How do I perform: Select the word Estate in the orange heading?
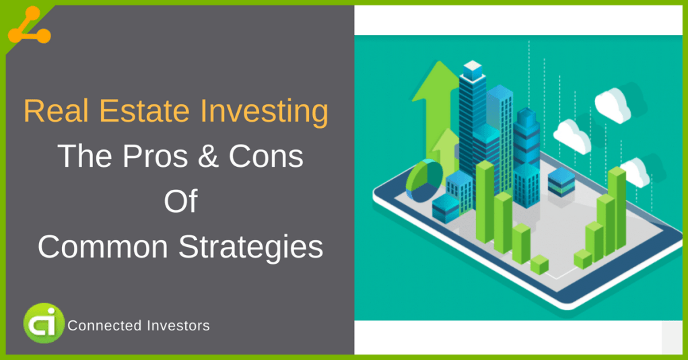coord(133,112)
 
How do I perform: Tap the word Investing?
coord(256,112)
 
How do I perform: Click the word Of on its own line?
coord(180,201)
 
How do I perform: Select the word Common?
coord(100,246)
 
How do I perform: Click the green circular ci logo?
coord(44,323)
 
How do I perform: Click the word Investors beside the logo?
coord(178,326)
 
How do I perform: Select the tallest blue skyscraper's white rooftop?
coord(473,67)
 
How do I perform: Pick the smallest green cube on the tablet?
coord(539,264)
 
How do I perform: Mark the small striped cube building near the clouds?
coord(561,182)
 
